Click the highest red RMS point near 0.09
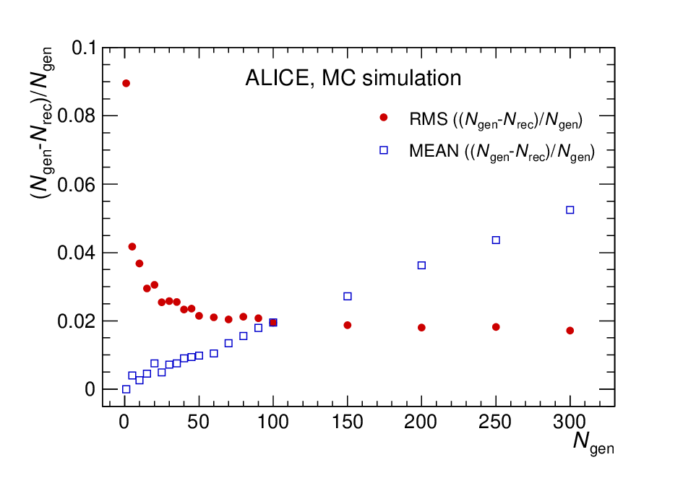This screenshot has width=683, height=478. (x=126, y=83)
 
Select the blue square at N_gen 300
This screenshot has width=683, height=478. (x=570, y=210)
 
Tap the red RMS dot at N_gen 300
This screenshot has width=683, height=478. (x=570, y=331)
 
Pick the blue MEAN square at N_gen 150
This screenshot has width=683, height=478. (x=347, y=296)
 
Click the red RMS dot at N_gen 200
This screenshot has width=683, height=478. (x=421, y=327)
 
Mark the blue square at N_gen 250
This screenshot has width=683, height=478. (x=496, y=240)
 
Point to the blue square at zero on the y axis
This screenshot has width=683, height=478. (x=126, y=389)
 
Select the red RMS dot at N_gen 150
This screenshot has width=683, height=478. (x=347, y=325)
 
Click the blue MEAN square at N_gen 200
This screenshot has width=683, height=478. (x=421, y=265)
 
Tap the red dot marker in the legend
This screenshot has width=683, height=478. (x=383, y=117)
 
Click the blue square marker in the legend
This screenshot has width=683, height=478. (x=383, y=149)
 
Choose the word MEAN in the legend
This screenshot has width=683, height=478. (x=434, y=151)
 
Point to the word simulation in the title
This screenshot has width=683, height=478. (x=412, y=78)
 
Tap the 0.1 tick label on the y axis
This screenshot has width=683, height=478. (x=84, y=48)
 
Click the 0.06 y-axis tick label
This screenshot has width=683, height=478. (x=76, y=185)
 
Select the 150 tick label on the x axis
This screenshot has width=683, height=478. (x=347, y=422)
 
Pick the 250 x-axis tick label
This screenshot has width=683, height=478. (x=495, y=422)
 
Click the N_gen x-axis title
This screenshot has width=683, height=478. (x=593, y=442)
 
